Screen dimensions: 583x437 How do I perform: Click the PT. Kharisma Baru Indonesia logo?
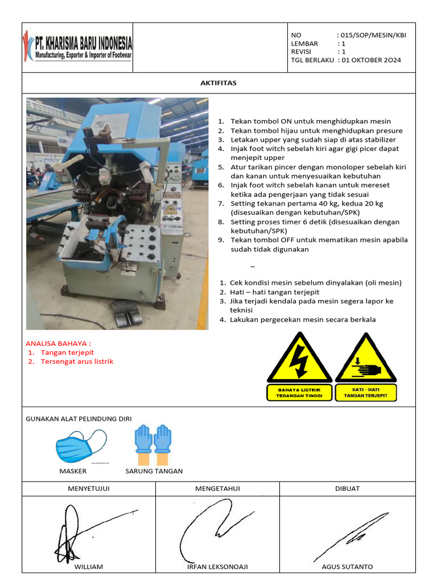coord(77,48)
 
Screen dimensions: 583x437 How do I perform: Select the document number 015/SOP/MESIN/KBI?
coord(373,35)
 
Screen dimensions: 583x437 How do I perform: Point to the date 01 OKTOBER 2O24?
coord(372,60)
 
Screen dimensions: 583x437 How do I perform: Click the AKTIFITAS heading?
coord(218,83)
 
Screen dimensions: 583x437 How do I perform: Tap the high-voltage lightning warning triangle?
coord(299,359)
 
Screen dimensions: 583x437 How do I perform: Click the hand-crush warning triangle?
coord(366,359)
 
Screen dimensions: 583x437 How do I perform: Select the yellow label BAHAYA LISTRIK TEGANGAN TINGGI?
coord(299,393)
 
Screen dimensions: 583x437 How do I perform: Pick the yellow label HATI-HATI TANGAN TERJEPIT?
coord(366,393)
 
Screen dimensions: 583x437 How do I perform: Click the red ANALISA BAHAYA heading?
coord(59,343)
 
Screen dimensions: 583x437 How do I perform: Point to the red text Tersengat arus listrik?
coord(77,362)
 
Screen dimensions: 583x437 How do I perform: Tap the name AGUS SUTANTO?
coord(347,566)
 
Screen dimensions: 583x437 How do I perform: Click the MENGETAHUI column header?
coord(218,488)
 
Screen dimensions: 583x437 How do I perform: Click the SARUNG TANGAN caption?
coord(154,471)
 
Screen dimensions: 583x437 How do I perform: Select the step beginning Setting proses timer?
coord(315,226)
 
